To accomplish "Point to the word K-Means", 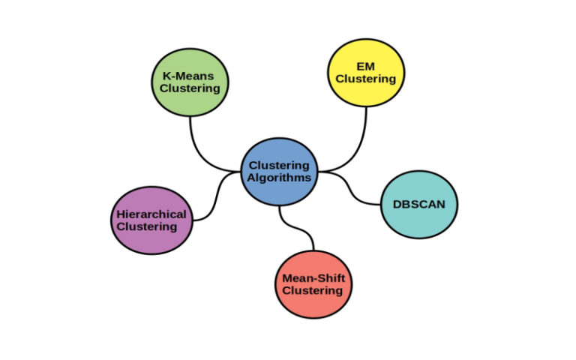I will (190, 76).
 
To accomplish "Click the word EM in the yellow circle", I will (366, 66).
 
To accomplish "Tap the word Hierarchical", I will (151, 214).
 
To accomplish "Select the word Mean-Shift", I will (313, 277).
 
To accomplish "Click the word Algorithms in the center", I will (279, 178).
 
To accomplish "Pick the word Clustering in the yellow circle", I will (366, 79).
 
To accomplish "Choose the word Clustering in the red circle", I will (313, 291).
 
